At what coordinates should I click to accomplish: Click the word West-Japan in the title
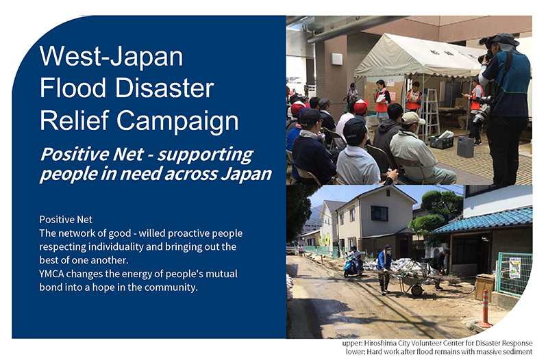pos(111,56)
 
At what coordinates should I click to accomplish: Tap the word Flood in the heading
pos(73,88)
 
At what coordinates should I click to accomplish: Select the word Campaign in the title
pos(177,122)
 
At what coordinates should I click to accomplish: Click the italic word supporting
pos(205,155)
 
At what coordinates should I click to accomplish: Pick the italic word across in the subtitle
pos(191,174)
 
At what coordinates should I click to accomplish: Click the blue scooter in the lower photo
pos(352,266)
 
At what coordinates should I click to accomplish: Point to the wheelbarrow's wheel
pos(417,290)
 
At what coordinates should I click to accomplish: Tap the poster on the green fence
pos(514,268)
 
